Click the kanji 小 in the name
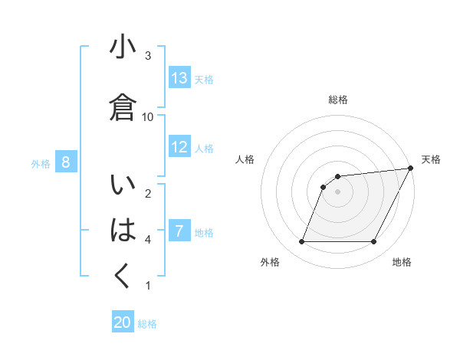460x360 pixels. [x=123, y=47]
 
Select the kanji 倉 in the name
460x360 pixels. [x=123, y=107]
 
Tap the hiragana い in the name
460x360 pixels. [x=123, y=187]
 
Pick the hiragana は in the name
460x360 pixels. [x=123, y=231]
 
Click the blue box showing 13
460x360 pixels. [x=179, y=78]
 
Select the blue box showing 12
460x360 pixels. [x=179, y=147]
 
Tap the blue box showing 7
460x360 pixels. [x=179, y=231]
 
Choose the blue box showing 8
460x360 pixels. [x=66, y=162]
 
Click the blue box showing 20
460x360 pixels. [x=123, y=322]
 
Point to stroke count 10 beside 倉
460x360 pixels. [x=148, y=116]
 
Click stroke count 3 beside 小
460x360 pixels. [x=148, y=56]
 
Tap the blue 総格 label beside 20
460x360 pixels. [x=147, y=324]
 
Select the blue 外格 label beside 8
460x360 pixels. [x=41, y=163]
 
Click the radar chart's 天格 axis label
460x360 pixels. [x=431, y=159]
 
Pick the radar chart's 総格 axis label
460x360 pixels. [x=338, y=100]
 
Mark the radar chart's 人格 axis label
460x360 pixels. [x=245, y=159]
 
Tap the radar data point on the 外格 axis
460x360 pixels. [x=301, y=242]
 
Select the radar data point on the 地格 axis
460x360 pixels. [x=374, y=242]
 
